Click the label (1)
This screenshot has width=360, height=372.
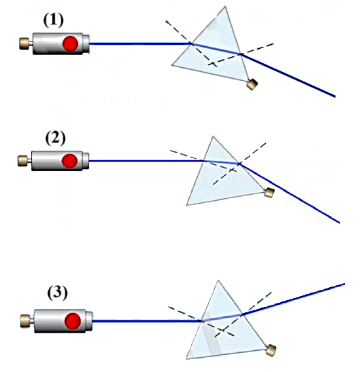click(54, 20)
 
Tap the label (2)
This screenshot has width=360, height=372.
click(55, 138)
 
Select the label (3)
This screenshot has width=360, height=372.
click(58, 293)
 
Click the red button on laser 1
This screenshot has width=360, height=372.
click(71, 43)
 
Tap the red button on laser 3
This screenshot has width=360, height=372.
click(73, 321)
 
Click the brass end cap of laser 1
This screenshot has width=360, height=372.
click(24, 43)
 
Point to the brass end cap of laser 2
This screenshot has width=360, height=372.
click(22, 161)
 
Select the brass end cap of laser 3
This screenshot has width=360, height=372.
click(25, 321)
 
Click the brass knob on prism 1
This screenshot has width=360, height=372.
click(252, 84)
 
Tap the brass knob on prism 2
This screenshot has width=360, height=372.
click(269, 192)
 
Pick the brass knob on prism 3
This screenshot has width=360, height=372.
click(271, 350)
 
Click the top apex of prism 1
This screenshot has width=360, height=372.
click(225, 7)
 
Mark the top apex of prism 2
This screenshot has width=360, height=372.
click(213, 136)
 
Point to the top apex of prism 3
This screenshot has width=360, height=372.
click(218, 280)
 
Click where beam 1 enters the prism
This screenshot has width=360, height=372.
click(191, 43)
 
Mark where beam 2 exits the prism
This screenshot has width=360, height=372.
click(240, 164)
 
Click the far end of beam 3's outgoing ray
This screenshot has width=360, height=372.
click(344, 284)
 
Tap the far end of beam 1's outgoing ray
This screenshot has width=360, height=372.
click(335, 96)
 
